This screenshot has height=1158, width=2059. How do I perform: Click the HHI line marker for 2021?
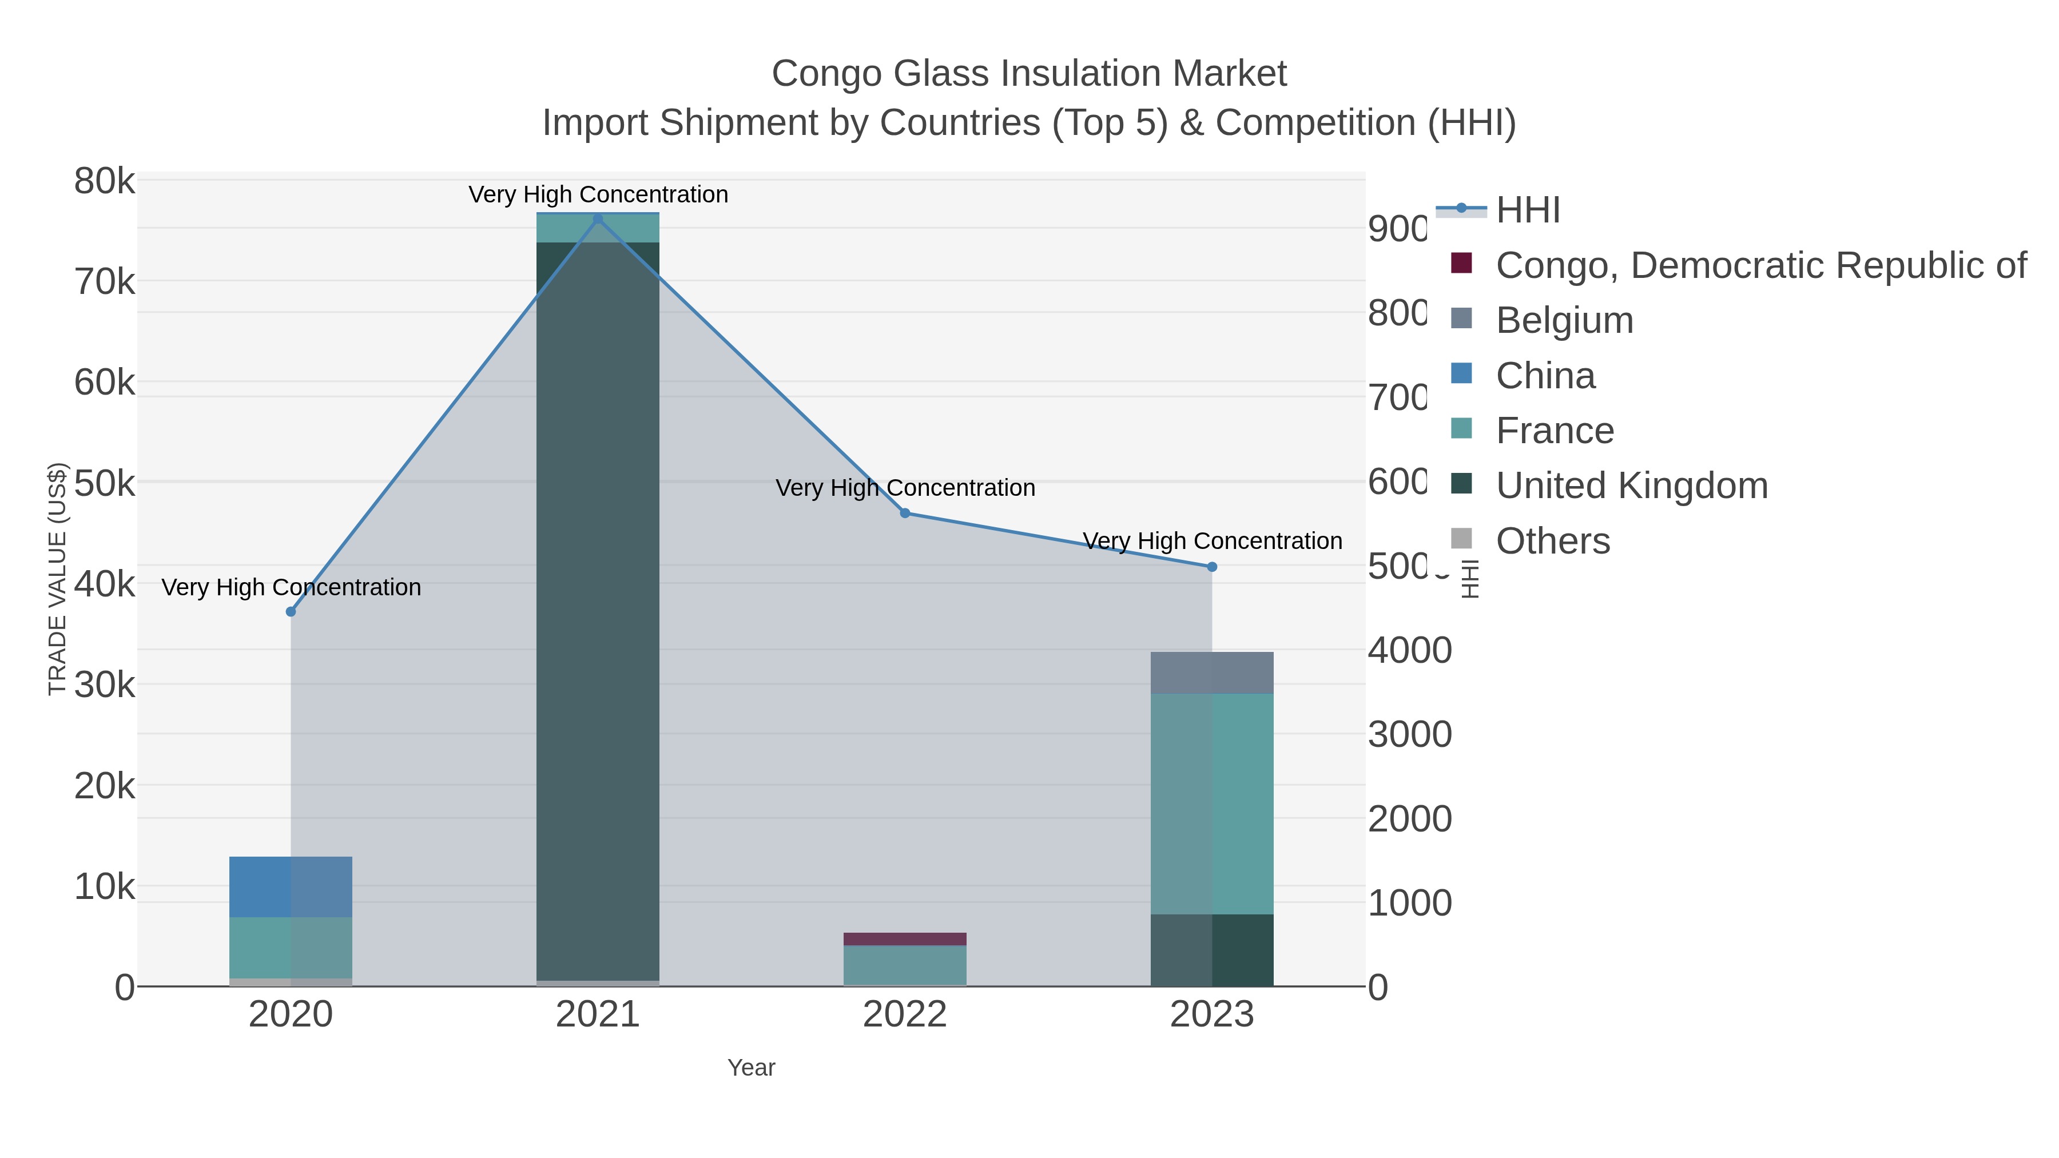[x=598, y=218]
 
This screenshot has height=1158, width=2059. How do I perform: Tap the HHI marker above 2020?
[x=291, y=612]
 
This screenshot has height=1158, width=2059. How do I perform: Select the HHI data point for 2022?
[x=905, y=513]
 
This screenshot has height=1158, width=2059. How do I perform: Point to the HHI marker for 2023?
[x=1212, y=567]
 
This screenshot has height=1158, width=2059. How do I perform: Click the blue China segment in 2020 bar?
[x=291, y=886]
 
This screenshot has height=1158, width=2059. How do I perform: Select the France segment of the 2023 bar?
[x=1212, y=803]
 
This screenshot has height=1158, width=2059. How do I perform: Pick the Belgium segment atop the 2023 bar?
[x=1212, y=673]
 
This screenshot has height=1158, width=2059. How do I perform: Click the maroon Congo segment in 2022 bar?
[x=905, y=939]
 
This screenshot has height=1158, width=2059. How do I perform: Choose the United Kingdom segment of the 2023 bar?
[x=1212, y=950]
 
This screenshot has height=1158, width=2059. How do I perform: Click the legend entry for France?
[x=1554, y=431]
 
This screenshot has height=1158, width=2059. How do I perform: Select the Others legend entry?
[x=1552, y=541]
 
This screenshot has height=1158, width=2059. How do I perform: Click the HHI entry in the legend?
[x=1527, y=210]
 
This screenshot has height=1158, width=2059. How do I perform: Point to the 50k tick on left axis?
[x=105, y=483]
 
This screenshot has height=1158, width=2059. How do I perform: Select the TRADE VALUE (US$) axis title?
[x=58, y=579]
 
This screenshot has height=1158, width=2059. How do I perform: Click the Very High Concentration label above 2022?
[x=905, y=487]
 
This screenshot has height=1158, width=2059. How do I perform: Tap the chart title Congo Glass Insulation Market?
[x=1029, y=74]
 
